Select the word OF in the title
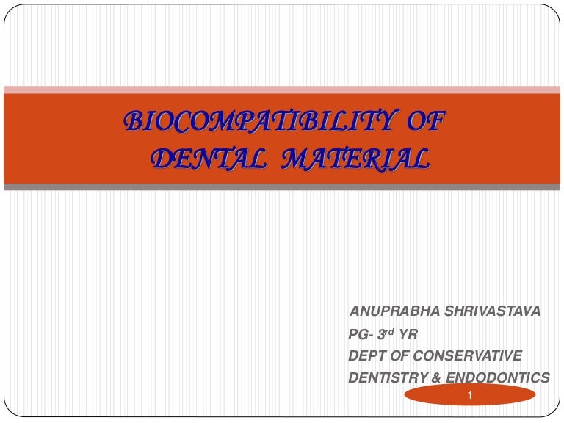tap(425, 122)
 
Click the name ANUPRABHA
tap(390, 311)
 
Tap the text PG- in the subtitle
tap(361, 335)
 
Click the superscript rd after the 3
tap(390, 331)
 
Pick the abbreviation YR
tap(408, 335)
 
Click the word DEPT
tap(365, 356)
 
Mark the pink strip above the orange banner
tap(282, 90)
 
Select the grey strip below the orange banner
tap(282, 187)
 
